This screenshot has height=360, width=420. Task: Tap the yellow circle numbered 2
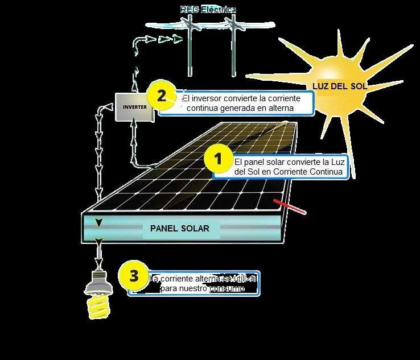pyautogui.click(x=162, y=96)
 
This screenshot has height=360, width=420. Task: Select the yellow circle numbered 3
pyautogui.click(x=134, y=276)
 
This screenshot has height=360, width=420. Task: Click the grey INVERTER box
pyautogui.click(x=135, y=106)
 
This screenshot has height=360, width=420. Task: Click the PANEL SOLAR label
pyautogui.click(x=180, y=229)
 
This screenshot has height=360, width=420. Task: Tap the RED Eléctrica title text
pyautogui.click(x=208, y=10)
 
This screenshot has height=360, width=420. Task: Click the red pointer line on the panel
pyautogui.click(x=290, y=208)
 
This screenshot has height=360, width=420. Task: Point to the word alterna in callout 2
pyautogui.click(x=280, y=107)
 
